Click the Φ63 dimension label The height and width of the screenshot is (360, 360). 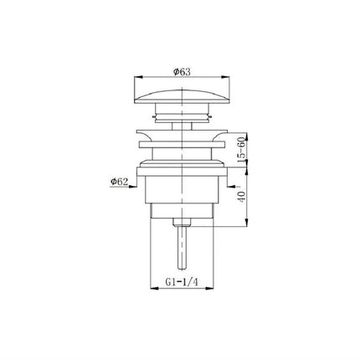click(182, 72)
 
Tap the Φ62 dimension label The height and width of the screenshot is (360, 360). click(119, 182)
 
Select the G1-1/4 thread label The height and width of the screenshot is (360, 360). click(182, 282)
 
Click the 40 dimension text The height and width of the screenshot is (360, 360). click(242, 197)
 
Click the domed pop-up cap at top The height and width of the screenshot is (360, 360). click(182, 96)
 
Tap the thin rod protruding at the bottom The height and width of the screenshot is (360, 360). click(182, 248)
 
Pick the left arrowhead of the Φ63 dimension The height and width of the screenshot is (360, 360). click(138, 77)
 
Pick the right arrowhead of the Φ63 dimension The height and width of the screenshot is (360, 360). click(226, 77)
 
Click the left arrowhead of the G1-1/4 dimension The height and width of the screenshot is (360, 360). click(155, 288)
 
